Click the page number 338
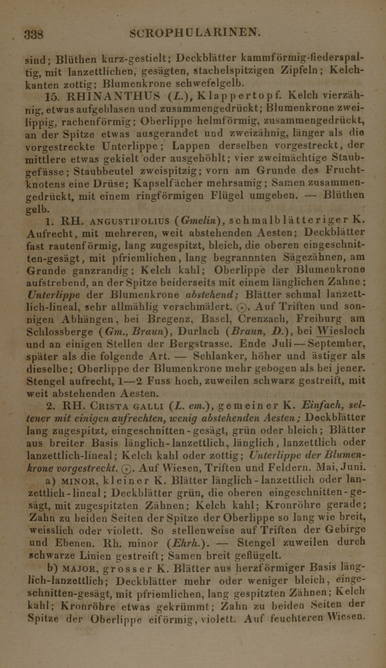point(34,34)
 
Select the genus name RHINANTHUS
point(113,96)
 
